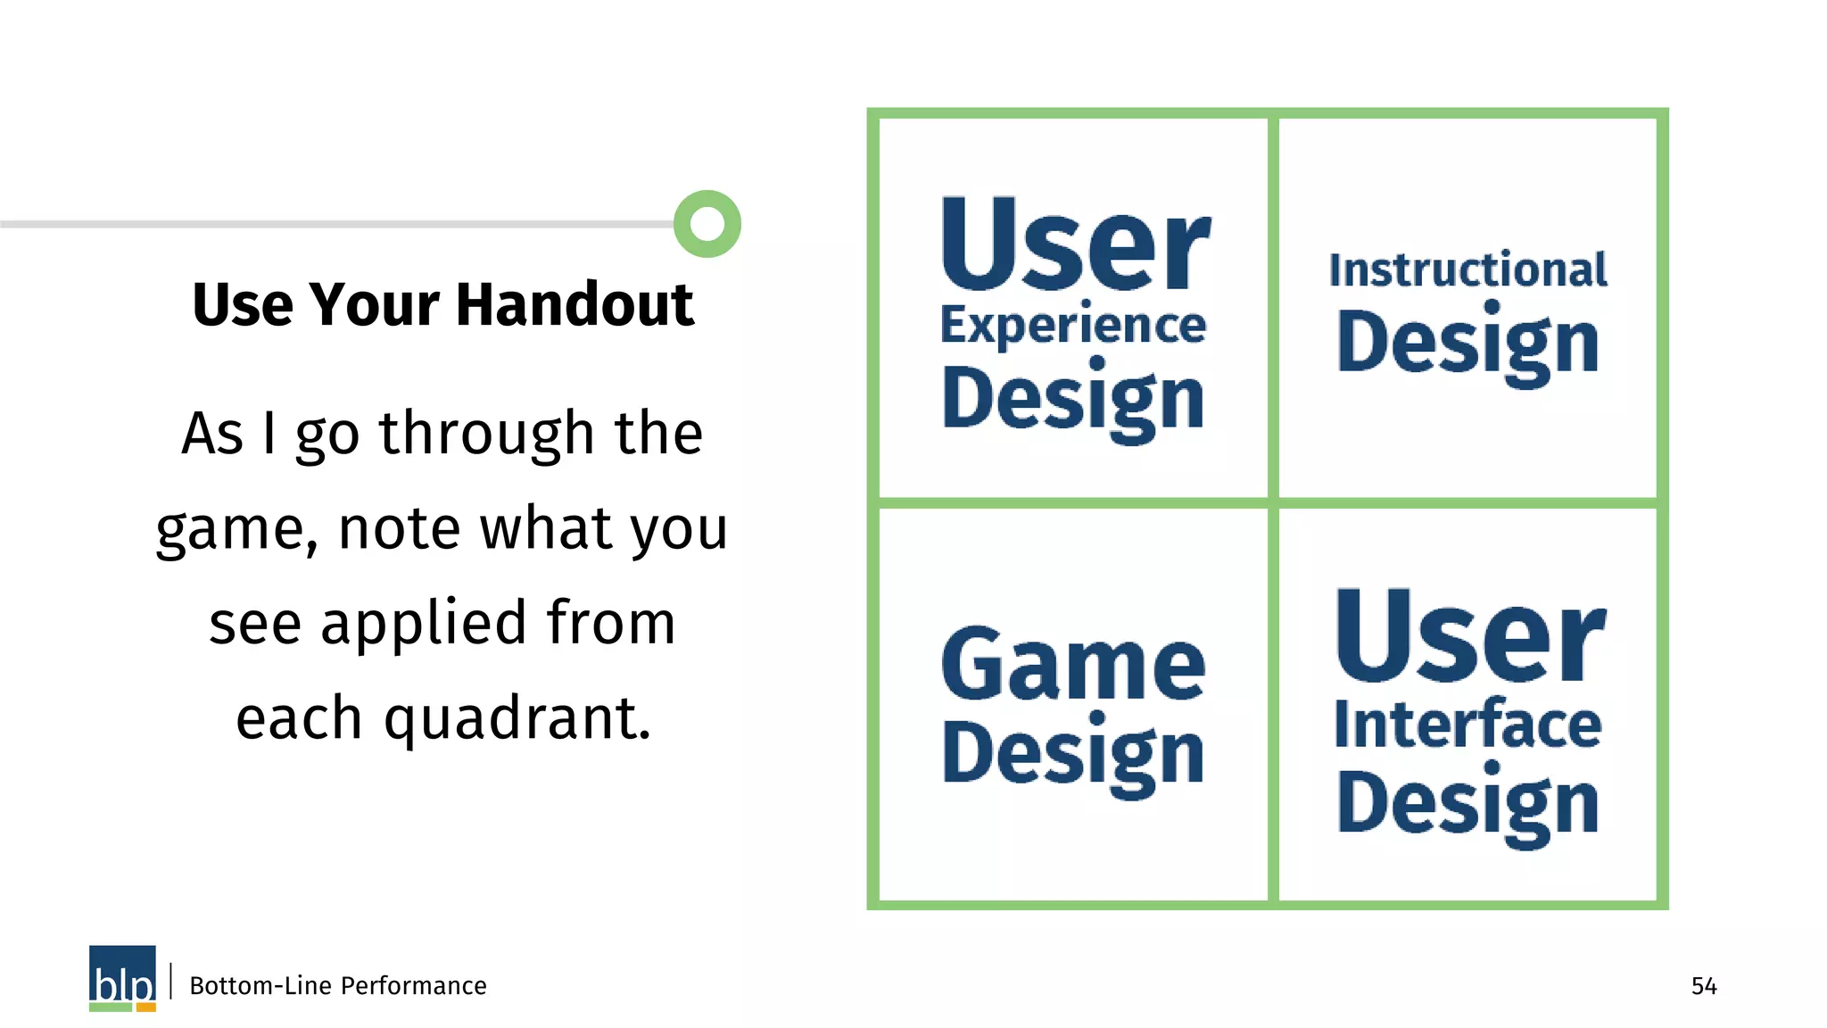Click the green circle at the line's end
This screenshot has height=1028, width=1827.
(x=707, y=223)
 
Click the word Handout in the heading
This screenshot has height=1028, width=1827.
(x=575, y=305)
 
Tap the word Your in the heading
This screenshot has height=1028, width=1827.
(x=375, y=305)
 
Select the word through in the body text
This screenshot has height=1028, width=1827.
(x=487, y=435)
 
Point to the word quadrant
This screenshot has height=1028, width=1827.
(x=517, y=719)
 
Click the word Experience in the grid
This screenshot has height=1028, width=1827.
(x=1073, y=325)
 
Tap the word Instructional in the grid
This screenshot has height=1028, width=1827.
(x=1468, y=270)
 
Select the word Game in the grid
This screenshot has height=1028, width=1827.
(x=1073, y=664)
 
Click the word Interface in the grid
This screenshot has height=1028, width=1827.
(x=1468, y=724)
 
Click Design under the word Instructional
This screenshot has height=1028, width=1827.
(x=1468, y=344)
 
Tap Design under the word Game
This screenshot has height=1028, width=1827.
(x=1073, y=755)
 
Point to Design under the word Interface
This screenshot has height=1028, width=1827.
(x=1468, y=804)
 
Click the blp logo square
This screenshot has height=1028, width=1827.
(x=122, y=977)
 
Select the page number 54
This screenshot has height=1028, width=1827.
(x=1704, y=986)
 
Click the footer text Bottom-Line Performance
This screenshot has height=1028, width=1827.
(x=338, y=986)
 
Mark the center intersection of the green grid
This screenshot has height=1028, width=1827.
(x=1273, y=503)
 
